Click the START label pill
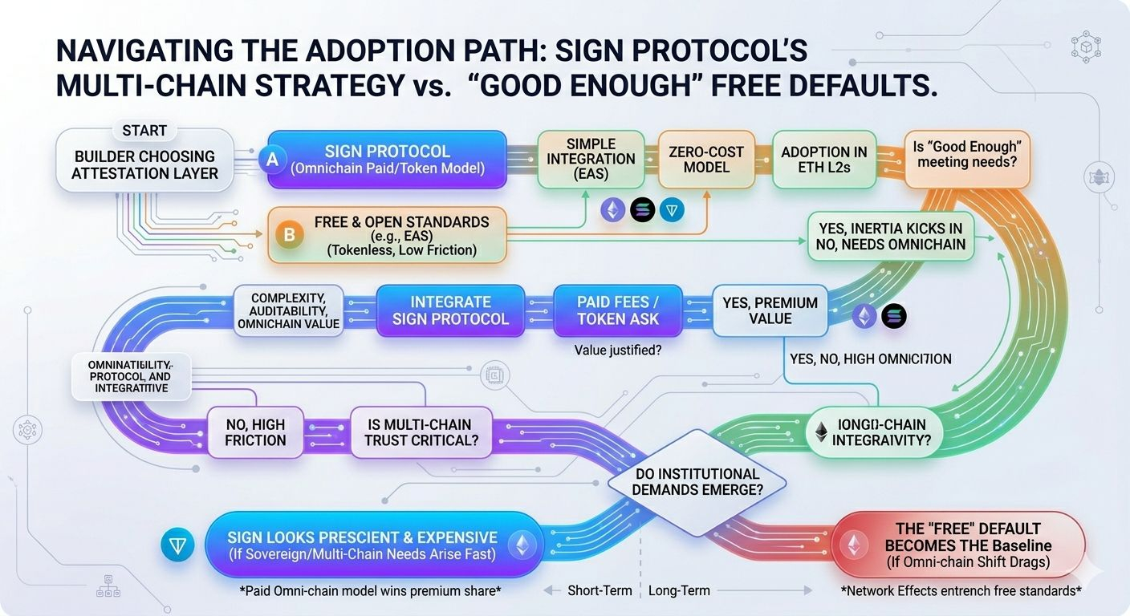(144, 130)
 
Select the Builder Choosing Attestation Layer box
(144, 164)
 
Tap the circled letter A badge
(272, 160)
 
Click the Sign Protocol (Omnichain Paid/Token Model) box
(387, 160)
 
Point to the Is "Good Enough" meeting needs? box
(967, 159)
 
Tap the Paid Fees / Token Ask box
(617, 310)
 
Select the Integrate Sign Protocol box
(450, 310)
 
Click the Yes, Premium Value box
(770, 310)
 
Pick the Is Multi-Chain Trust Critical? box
(421, 432)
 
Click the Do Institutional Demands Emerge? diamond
(696, 481)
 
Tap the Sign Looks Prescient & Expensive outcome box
(362, 545)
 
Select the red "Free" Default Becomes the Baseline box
(957, 545)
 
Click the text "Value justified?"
(617, 350)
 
